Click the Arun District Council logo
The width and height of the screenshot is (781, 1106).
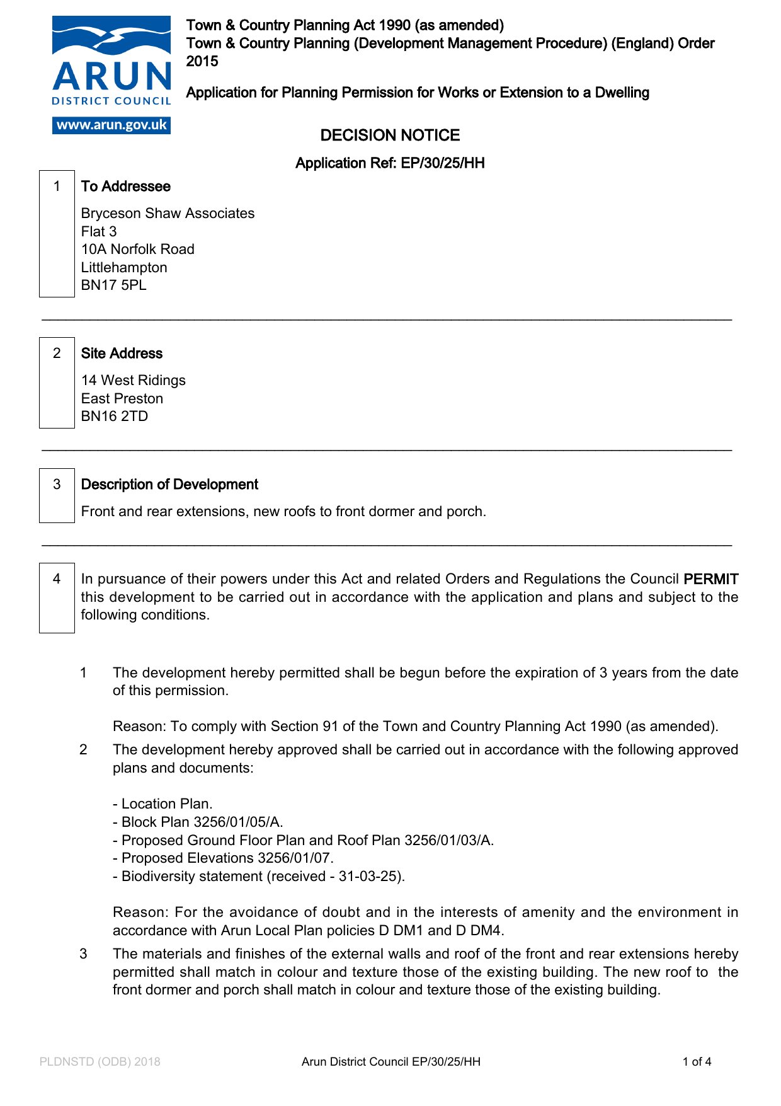[111, 63]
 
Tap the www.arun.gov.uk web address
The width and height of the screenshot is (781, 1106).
[111, 125]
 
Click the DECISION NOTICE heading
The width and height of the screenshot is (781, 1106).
[390, 135]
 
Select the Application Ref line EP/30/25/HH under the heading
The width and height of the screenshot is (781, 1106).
[390, 163]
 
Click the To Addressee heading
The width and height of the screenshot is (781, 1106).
[126, 187]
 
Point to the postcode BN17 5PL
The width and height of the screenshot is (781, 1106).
[114, 285]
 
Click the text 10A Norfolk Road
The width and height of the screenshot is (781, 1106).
[138, 250]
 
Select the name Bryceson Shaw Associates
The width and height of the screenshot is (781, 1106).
[168, 214]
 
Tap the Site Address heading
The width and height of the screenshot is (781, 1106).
[122, 354]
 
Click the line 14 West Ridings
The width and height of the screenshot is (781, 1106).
[134, 381]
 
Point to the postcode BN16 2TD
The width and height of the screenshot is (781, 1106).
[115, 417]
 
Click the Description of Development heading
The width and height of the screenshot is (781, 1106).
[169, 485]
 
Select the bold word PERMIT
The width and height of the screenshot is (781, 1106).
[710, 579]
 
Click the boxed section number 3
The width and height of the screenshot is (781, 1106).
[57, 485]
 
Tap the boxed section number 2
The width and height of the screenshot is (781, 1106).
[57, 354]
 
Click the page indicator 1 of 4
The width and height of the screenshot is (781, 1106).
[697, 1062]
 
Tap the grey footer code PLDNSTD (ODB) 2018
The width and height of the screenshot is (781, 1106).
[100, 1062]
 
